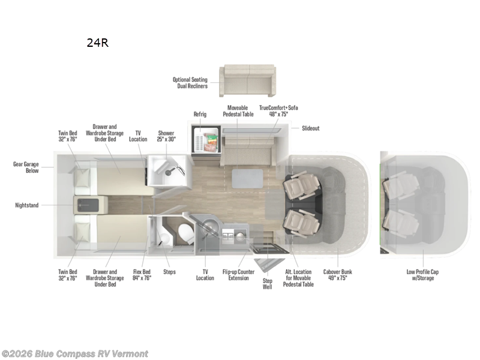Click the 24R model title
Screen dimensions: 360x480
(97, 43)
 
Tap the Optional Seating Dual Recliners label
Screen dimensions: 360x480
(190, 83)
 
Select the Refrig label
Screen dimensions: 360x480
(200, 113)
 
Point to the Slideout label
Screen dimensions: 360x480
(311, 128)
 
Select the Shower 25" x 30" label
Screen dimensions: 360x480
(166, 136)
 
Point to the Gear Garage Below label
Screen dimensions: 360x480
(28, 166)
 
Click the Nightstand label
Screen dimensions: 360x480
(27, 205)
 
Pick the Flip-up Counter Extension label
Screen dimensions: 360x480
(239, 275)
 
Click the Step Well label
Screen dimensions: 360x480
(267, 284)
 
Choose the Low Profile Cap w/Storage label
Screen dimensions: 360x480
(423, 275)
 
